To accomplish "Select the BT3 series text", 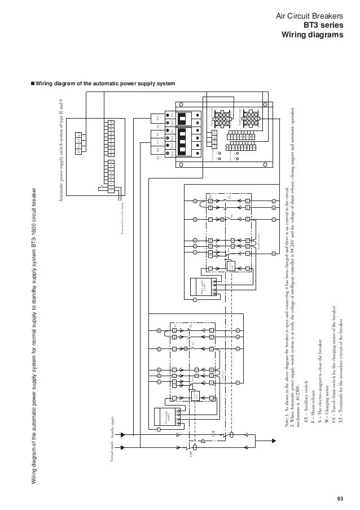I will tap(323, 25).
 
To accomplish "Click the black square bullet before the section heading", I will tap(32, 84).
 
